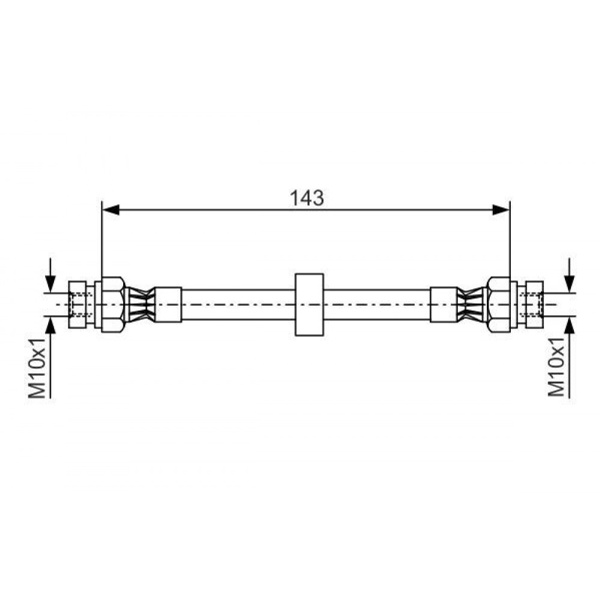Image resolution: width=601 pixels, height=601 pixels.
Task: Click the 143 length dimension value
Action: pos(307,198)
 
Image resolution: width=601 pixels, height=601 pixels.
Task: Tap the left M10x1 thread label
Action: pos(37,368)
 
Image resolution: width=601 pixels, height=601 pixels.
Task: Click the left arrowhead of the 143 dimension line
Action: pos(111,210)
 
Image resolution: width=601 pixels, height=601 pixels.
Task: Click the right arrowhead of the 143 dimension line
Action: pos(501,210)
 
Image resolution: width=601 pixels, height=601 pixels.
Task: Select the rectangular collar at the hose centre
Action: pos(310,305)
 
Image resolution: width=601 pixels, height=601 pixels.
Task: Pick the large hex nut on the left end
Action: pos(113,305)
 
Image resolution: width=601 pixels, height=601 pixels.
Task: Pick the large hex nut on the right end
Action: pos(499,305)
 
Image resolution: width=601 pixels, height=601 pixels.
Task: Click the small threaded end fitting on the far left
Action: pos(77,305)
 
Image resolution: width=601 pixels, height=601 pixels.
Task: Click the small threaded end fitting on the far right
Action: pos(535,305)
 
